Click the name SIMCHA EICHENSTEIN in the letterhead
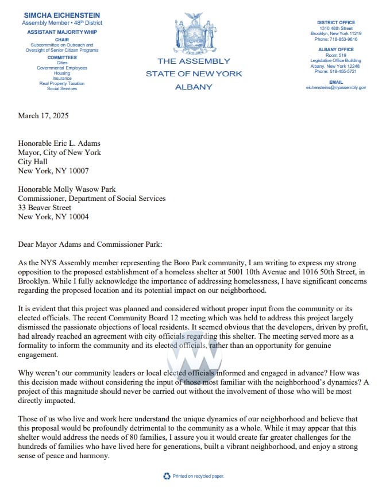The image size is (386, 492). pos(61,14)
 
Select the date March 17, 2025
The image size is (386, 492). pos(43,115)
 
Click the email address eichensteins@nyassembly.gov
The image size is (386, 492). pos(336,88)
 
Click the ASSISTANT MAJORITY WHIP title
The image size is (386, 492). pos(61,32)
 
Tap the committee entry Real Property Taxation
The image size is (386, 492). pos(61,84)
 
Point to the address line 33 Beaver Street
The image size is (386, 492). pos(45,207)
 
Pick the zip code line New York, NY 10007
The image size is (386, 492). pos(53,171)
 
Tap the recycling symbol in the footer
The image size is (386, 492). pos(167,476)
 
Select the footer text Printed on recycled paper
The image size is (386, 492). pos(198,476)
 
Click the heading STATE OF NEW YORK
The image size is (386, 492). pos(194,74)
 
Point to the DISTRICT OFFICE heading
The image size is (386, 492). pos(336,22)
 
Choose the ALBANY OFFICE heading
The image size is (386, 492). pos(336,50)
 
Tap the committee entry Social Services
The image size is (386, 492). pos(61,89)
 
